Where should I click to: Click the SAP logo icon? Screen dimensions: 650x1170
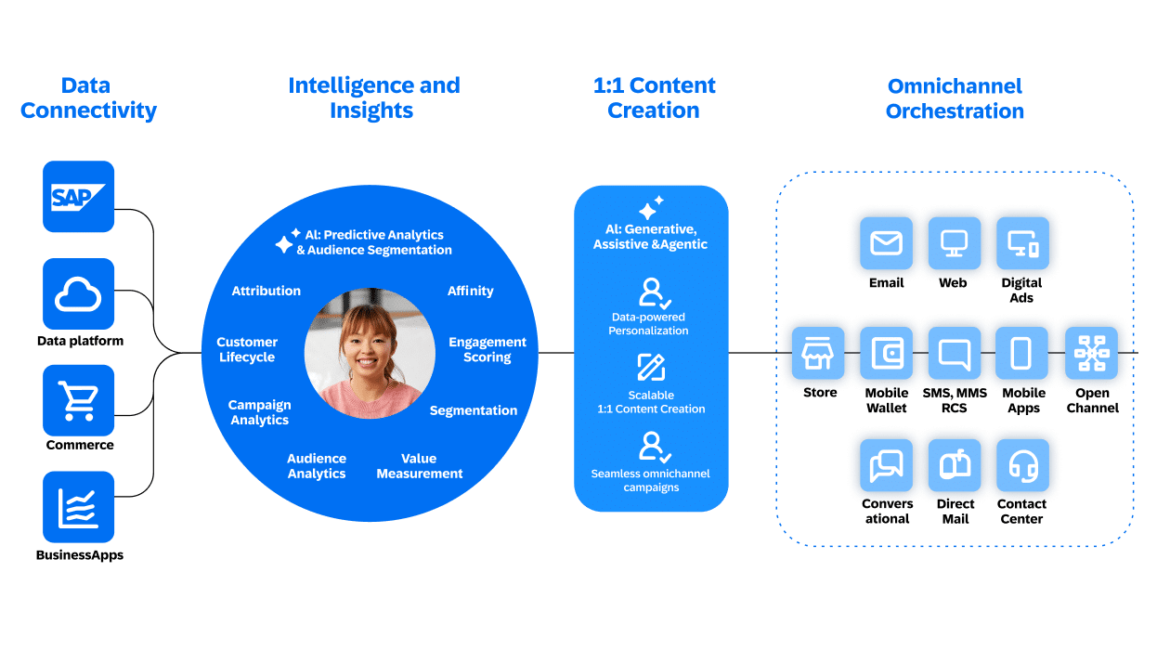click(x=79, y=197)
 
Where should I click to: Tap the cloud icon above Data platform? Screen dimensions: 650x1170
click(x=79, y=294)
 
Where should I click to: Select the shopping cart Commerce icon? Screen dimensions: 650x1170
click(x=79, y=400)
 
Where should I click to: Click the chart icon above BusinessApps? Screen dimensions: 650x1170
click(x=79, y=507)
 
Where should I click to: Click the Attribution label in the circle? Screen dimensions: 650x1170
click(x=266, y=291)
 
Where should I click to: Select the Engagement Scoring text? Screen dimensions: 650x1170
click(x=487, y=350)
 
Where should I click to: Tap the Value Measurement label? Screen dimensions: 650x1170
click(x=419, y=466)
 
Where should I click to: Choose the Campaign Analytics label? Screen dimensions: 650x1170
click(x=260, y=412)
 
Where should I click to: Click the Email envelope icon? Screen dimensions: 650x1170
click(x=886, y=244)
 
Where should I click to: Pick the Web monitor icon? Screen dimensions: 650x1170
click(x=954, y=244)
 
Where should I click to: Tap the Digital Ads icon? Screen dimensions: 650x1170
click(x=1021, y=244)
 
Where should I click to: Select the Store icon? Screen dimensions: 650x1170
click(x=819, y=354)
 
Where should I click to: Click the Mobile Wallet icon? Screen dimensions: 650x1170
click(x=886, y=354)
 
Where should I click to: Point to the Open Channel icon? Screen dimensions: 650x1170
click(x=1090, y=354)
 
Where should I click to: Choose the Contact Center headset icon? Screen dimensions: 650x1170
click(x=1021, y=464)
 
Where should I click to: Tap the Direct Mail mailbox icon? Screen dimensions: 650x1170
click(x=954, y=464)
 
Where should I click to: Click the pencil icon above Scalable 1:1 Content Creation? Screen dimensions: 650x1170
click(x=651, y=368)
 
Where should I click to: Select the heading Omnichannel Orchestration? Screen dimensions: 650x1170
click(x=955, y=98)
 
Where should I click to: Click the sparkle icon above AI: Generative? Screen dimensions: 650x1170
click(x=651, y=207)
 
